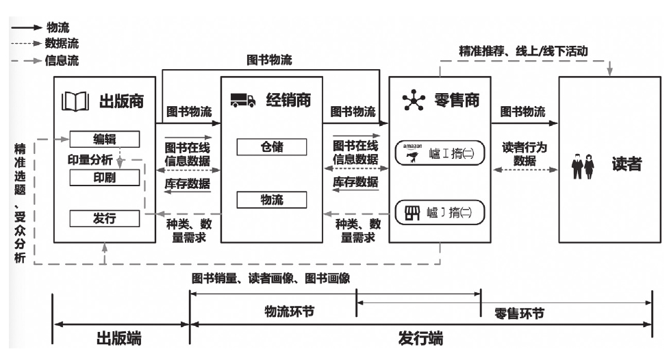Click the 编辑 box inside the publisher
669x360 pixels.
tap(105, 139)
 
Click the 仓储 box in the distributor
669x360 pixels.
tap(272, 146)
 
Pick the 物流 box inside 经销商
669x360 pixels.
tap(272, 200)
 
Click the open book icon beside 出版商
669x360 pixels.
tap(76, 102)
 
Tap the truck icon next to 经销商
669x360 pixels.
tap(241, 101)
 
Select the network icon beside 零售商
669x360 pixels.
tap(412, 101)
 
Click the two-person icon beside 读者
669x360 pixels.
tap(581, 168)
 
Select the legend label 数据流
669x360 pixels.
tap(62, 43)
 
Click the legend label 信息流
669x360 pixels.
tap(62, 60)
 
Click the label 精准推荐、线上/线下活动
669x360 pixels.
tap(524, 51)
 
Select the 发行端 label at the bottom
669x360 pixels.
tap(420, 337)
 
